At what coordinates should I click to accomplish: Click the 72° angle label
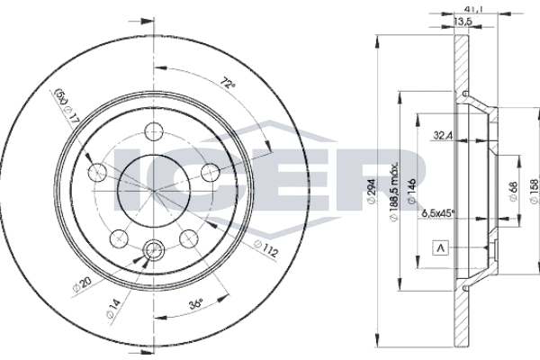pyautogui.click(x=228, y=84)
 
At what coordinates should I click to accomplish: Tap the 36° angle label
pyautogui.click(x=195, y=304)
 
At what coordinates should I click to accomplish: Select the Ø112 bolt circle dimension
pyautogui.click(x=265, y=248)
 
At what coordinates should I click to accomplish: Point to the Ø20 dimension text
pyautogui.click(x=82, y=284)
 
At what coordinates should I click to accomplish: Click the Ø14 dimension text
pyautogui.click(x=113, y=309)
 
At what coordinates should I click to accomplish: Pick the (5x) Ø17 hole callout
pyautogui.click(x=67, y=107)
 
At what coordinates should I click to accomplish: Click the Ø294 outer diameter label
pyautogui.click(x=372, y=191)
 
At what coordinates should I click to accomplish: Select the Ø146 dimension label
pyautogui.click(x=411, y=192)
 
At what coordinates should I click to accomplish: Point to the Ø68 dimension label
pyautogui.click(x=513, y=192)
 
